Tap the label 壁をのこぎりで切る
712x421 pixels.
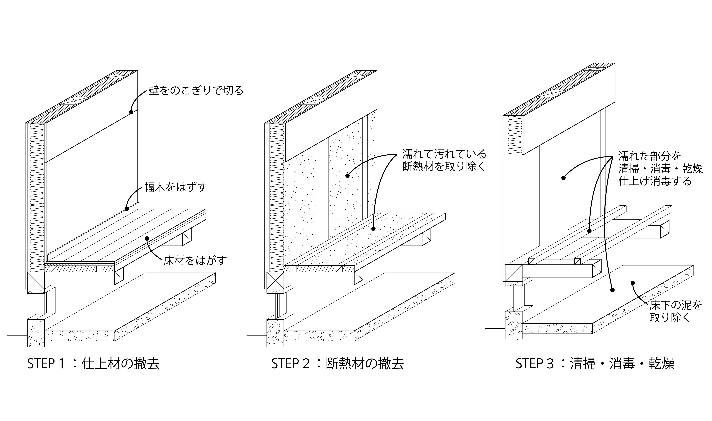[x=196, y=91]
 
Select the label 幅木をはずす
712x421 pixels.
[x=176, y=187]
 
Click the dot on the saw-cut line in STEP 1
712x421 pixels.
[x=131, y=112]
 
